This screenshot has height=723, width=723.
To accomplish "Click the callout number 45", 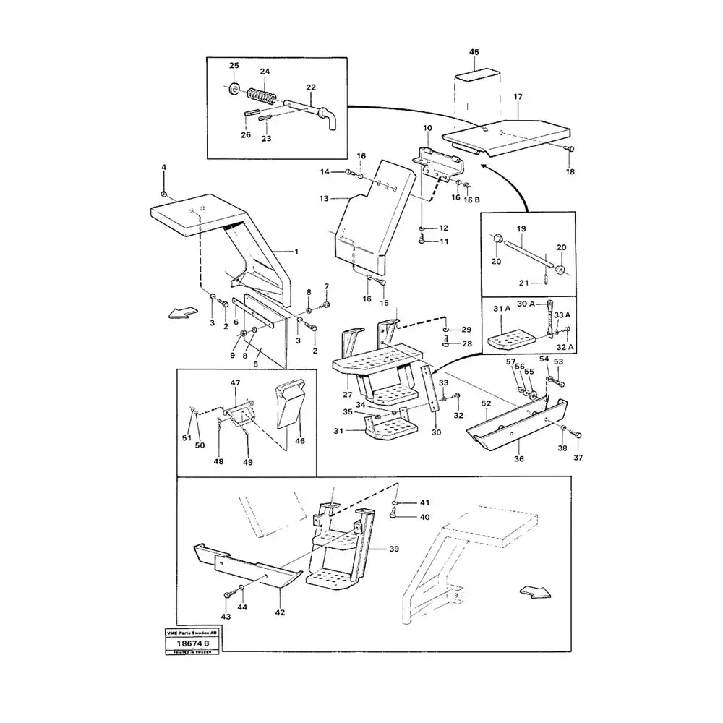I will click(x=474, y=53).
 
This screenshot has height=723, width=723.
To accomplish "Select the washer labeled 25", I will click(x=234, y=90).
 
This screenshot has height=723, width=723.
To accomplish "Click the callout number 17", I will click(x=518, y=96).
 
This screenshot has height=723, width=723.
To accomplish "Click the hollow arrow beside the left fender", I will click(x=181, y=312).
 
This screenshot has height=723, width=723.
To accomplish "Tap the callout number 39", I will click(x=394, y=549).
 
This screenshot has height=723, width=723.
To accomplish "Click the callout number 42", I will click(x=280, y=612).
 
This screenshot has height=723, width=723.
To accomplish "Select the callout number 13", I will click(x=324, y=198).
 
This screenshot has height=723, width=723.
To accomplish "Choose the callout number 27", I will click(x=347, y=395).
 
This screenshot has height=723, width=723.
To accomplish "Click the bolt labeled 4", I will click(x=164, y=194).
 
